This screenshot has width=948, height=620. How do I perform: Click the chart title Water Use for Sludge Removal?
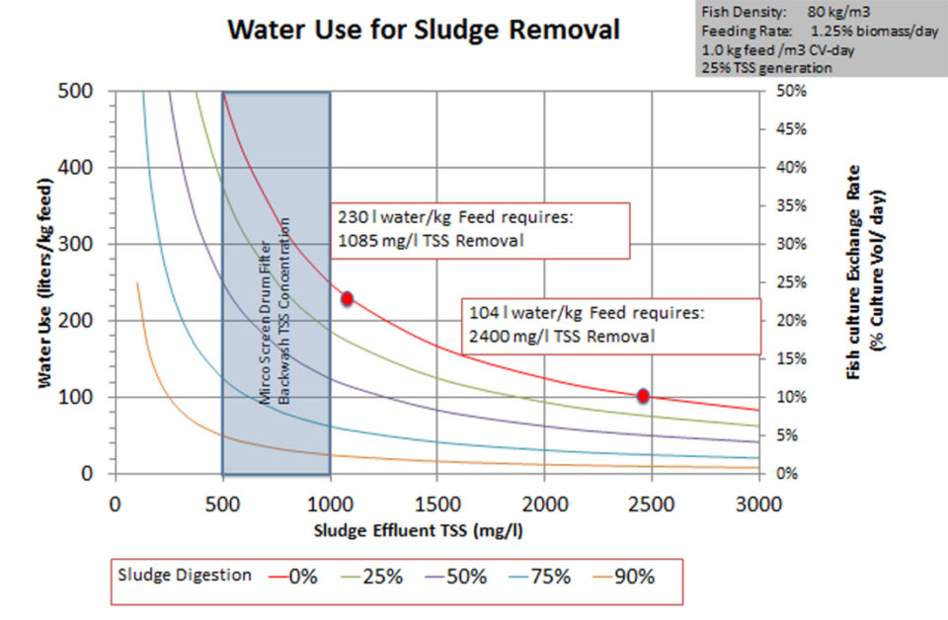point(424,30)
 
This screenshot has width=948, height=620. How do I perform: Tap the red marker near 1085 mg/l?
point(347,298)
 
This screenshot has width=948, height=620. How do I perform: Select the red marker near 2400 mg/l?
point(643,396)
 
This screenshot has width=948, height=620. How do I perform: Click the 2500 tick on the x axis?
point(652,503)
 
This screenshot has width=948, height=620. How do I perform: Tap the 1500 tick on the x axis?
point(436,503)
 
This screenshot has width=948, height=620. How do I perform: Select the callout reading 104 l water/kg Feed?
point(612,325)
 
